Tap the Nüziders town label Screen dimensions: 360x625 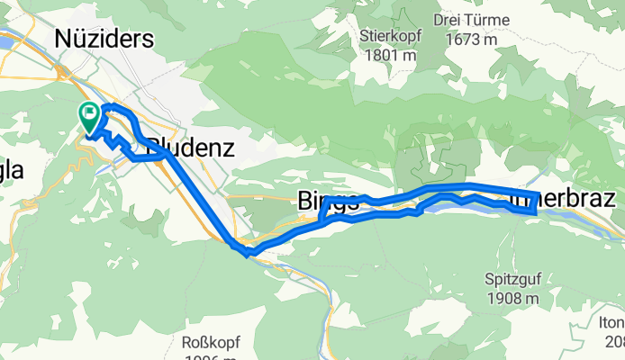pyautogui.click(x=104, y=39)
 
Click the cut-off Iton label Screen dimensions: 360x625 pyautogui.click(x=612, y=324)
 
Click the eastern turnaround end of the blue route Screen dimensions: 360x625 pyautogui.click(x=537, y=203)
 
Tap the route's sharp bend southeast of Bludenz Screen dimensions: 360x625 pyautogui.click(x=241, y=250)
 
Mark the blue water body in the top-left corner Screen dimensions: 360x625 pyautogui.click(x=5, y=41)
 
